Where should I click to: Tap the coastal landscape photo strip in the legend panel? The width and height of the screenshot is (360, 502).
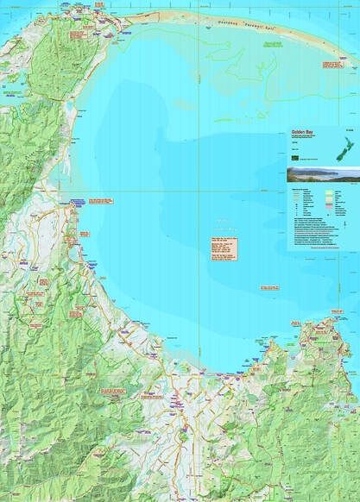click(x=321, y=174)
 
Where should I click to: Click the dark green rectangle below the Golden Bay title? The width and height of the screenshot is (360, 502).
click(x=295, y=159)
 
